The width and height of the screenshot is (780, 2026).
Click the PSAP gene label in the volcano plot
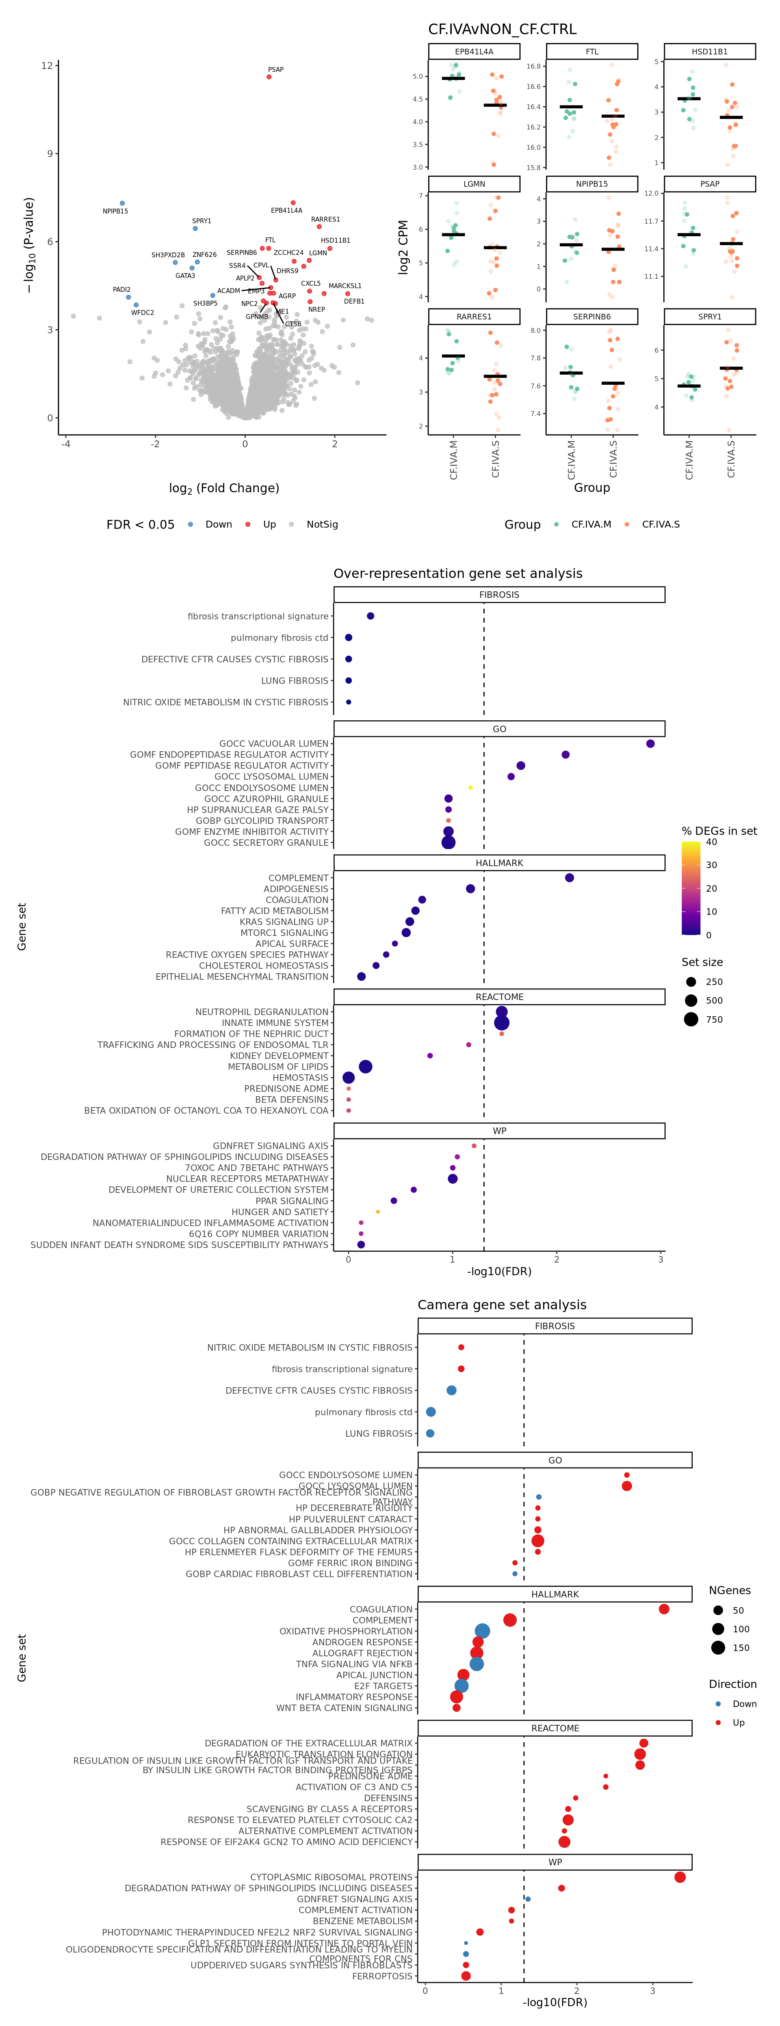pos(275,70)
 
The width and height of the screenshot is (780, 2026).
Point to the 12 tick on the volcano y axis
pos(47,65)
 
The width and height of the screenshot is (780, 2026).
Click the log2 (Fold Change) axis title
pos(224,488)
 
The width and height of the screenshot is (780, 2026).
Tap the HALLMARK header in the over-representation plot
pos(499,863)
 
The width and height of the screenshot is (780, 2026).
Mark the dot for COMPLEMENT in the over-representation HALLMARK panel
pos(569,878)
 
